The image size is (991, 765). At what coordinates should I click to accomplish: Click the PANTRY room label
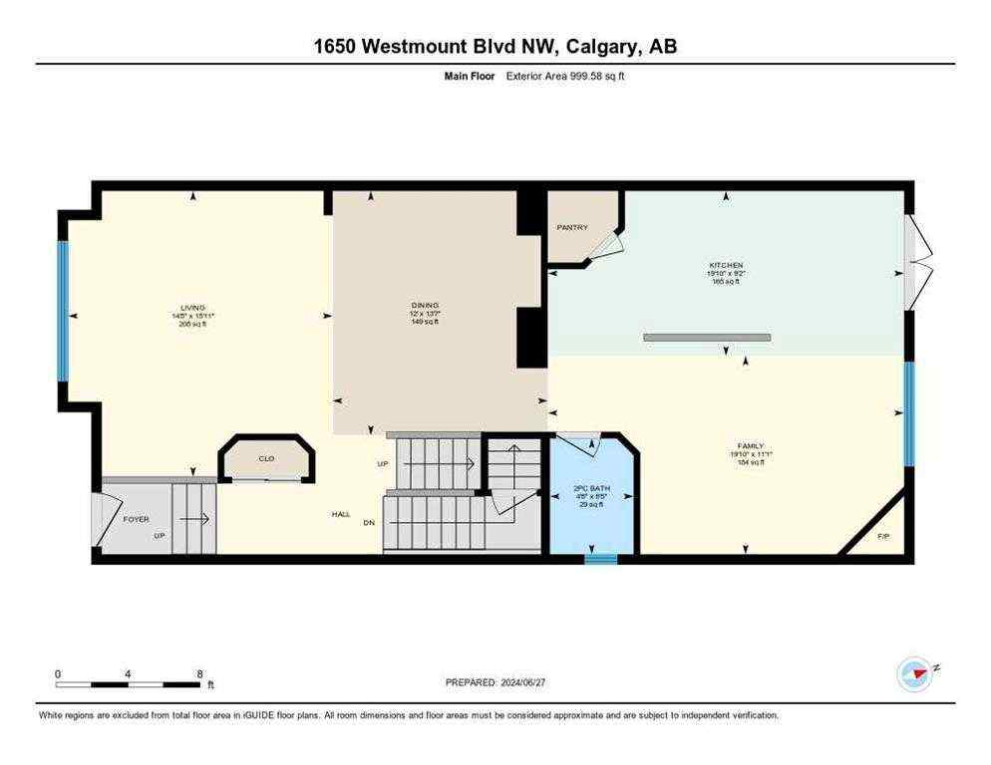pos(571,227)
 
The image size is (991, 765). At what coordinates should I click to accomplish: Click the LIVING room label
pos(192,308)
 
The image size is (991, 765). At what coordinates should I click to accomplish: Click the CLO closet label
pos(266,458)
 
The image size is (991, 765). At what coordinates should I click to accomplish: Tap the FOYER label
pos(136,519)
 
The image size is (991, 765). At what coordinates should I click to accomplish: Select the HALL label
pos(341,514)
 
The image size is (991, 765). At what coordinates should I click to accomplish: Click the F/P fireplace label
pos(883,537)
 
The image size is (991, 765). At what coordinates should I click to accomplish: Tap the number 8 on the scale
pos(199,673)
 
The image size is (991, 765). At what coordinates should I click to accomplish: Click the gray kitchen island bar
pos(707,338)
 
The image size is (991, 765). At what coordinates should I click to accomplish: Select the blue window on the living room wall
pos(62,311)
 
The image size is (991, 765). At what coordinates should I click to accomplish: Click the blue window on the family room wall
pos(908,413)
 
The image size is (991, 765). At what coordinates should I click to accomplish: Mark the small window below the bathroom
pos(600,559)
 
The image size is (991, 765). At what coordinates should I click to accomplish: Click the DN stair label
pos(369,523)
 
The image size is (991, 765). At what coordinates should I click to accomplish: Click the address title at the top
pos(495,46)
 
